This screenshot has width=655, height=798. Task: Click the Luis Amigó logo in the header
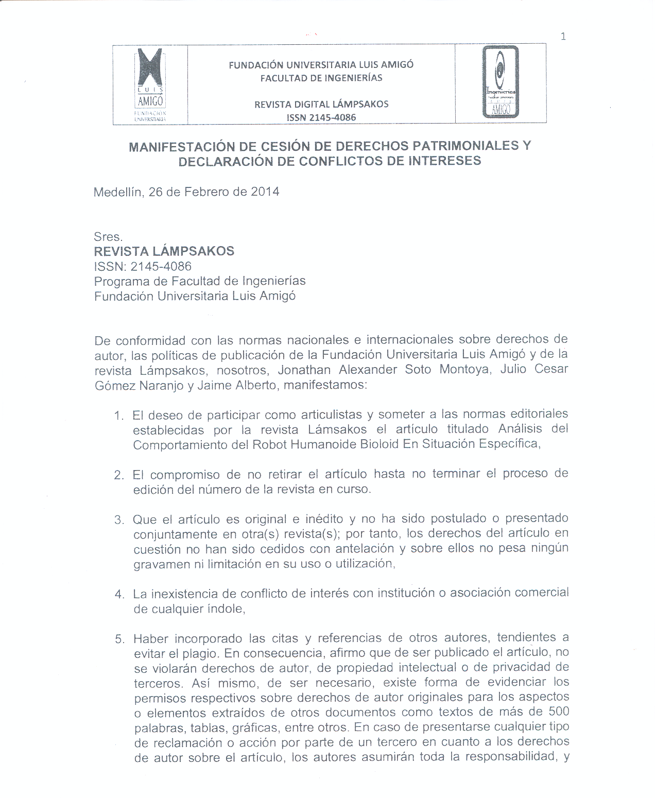(150, 84)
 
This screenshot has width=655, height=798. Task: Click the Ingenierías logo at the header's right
(501, 82)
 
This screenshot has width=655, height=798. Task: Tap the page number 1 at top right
(563, 36)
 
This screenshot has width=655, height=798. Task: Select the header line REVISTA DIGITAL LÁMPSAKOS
(321, 104)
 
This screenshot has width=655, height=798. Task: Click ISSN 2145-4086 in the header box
(321, 117)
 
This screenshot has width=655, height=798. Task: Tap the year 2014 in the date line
(265, 192)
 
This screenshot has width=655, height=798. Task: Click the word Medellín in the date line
(118, 193)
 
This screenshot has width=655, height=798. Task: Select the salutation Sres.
(108, 237)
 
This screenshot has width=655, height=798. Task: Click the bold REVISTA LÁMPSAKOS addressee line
(164, 251)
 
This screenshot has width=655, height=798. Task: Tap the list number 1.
(118, 415)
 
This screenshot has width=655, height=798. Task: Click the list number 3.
(119, 519)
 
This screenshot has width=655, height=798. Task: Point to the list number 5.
(119, 639)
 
